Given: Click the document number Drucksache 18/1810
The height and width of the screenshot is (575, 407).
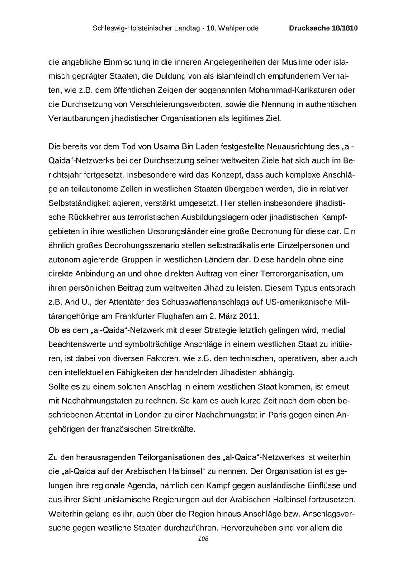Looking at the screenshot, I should click(x=323, y=28).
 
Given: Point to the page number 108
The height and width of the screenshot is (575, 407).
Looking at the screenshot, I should click(x=203, y=538).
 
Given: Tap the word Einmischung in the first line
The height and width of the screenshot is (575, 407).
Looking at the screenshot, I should click(x=125, y=61).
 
